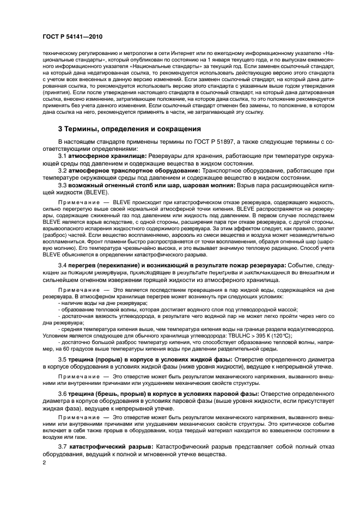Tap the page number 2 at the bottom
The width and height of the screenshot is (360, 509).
(x=44, y=462)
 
